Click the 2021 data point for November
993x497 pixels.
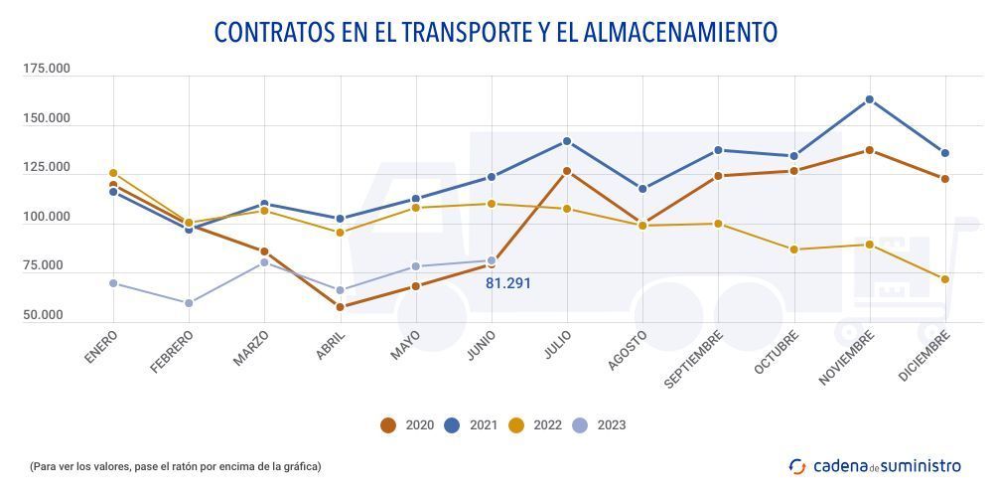click(x=870, y=99)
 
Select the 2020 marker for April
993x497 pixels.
click(x=341, y=307)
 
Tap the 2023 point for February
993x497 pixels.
click(x=189, y=303)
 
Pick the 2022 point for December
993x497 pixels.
click(x=945, y=279)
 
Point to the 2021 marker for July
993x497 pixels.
click(x=567, y=141)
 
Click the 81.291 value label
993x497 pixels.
click(x=508, y=283)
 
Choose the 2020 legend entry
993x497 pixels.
click(x=408, y=425)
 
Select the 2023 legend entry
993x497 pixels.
click(x=599, y=425)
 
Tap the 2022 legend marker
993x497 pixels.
click(x=516, y=425)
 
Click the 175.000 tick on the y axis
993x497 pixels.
click(x=47, y=69)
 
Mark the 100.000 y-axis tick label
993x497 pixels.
click(x=47, y=217)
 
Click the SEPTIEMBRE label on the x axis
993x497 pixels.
click(x=694, y=359)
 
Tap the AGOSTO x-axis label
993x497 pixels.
click(x=628, y=351)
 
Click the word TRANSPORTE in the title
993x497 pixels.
click(x=467, y=32)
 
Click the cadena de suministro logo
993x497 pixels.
click(x=875, y=465)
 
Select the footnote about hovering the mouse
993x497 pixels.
click(x=175, y=465)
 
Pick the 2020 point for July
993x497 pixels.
click(x=567, y=171)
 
